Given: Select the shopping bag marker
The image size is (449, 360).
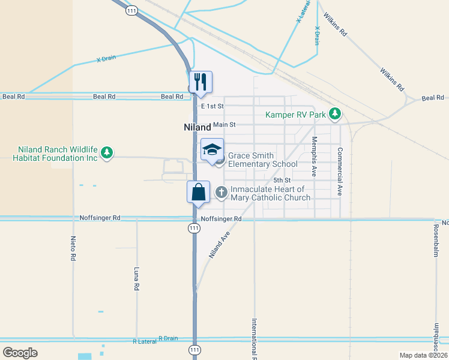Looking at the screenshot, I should point(199,192).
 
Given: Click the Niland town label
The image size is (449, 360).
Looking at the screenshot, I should point(197,127).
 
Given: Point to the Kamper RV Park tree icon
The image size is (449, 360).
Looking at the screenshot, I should point(336,114).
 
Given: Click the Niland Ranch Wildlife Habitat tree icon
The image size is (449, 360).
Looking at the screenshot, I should point(107,153).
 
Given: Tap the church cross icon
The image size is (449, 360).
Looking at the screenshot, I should point(221,193).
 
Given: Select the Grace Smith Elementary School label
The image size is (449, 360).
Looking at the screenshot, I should point(262,160).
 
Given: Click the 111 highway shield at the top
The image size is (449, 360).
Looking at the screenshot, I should point(131,10).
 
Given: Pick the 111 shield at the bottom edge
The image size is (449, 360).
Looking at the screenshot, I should point(194,349).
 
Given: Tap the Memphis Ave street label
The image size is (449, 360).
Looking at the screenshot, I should point(313,156).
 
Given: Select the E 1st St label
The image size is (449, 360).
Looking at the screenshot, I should point(212,106).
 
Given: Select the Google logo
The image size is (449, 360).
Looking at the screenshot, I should point(20,353).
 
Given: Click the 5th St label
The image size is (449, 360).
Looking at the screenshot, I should point(282,180).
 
